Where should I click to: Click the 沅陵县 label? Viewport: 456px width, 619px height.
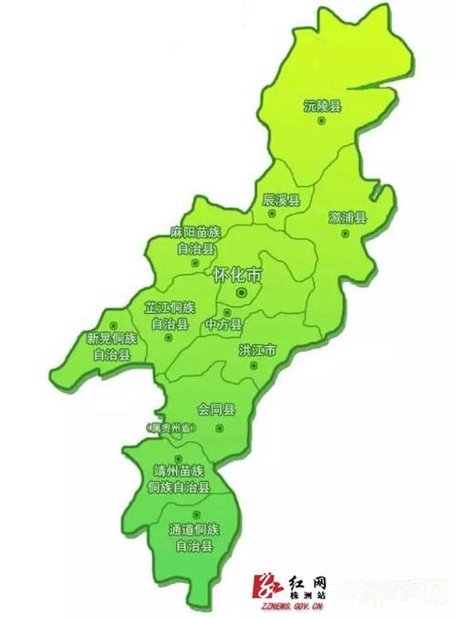coord(323,107)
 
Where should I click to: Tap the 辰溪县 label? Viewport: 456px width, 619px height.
coord(281,199)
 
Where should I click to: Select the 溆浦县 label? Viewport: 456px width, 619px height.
coord(347,217)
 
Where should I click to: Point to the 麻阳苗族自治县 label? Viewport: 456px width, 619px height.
coord(195,240)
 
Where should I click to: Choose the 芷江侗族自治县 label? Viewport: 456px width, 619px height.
coord(170,315)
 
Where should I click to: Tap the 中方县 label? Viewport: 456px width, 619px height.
coord(223,324)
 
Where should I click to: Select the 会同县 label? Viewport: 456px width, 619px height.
coord(216,410)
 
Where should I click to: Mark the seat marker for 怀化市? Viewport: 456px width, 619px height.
coord(241,292)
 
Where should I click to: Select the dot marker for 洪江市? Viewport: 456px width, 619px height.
coord(254,365)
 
